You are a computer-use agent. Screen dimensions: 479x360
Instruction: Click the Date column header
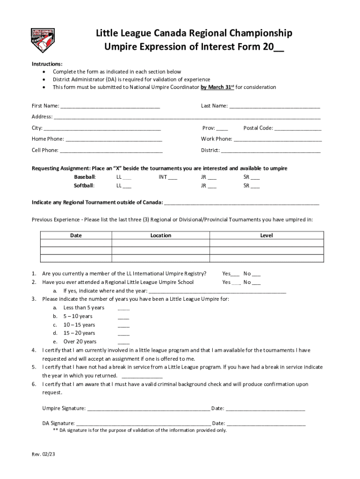coord(76,236)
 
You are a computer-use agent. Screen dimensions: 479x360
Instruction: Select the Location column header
coord(160,236)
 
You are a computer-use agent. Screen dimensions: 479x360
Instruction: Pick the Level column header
coord(266,236)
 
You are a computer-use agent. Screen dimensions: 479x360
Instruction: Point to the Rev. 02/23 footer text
coord(43,454)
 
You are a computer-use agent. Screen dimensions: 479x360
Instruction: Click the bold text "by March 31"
coord(216,87)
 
